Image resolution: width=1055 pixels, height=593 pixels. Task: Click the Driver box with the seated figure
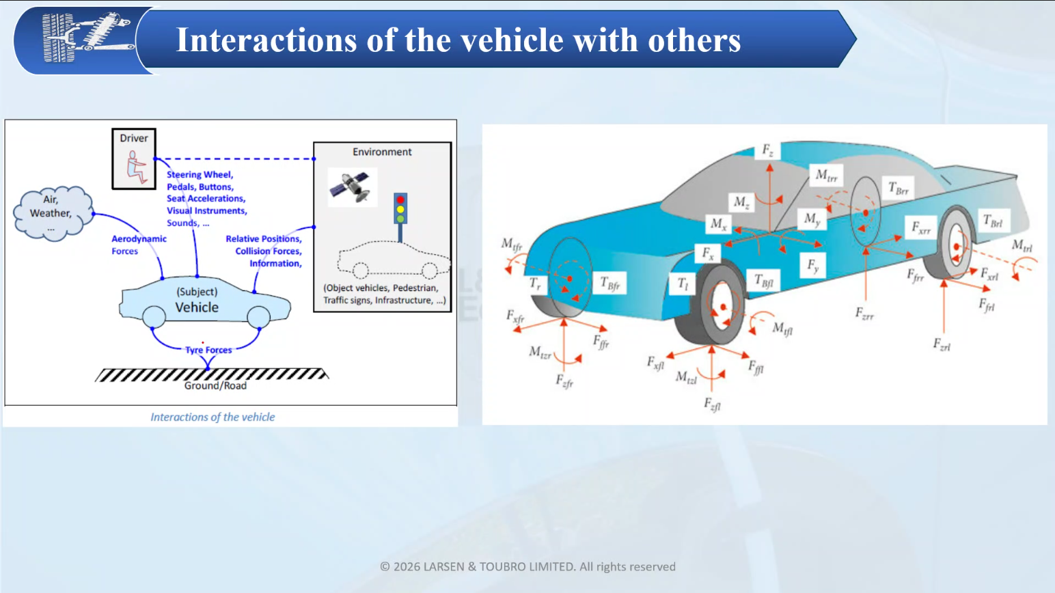[x=134, y=158]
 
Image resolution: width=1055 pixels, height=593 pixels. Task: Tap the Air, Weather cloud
[x=53, y=213]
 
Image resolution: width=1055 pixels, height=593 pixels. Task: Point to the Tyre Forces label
[x=208, y=350]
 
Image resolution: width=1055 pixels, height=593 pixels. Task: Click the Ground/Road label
[x=215, y=386]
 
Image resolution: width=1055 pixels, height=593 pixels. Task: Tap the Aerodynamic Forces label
[x=139, y=245]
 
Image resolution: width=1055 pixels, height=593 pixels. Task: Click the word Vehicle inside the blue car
[x=197, y=307]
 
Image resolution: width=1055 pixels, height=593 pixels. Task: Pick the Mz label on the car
[x=741, y=202]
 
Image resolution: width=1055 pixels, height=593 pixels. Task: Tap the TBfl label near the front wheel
[x=763, y=281]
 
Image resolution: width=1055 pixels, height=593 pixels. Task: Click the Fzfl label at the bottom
[x=712, y=404]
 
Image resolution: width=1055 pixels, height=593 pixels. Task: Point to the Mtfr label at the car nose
[x=512, y=245]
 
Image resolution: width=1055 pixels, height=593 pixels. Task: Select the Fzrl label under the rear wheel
[x=942, y=345]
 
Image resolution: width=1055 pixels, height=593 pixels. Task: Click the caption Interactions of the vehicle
[x=213, y=417]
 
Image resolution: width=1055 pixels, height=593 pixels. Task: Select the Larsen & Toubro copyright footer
[x=527, y=566]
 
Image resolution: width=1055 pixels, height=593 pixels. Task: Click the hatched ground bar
[x=211, y=375]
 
